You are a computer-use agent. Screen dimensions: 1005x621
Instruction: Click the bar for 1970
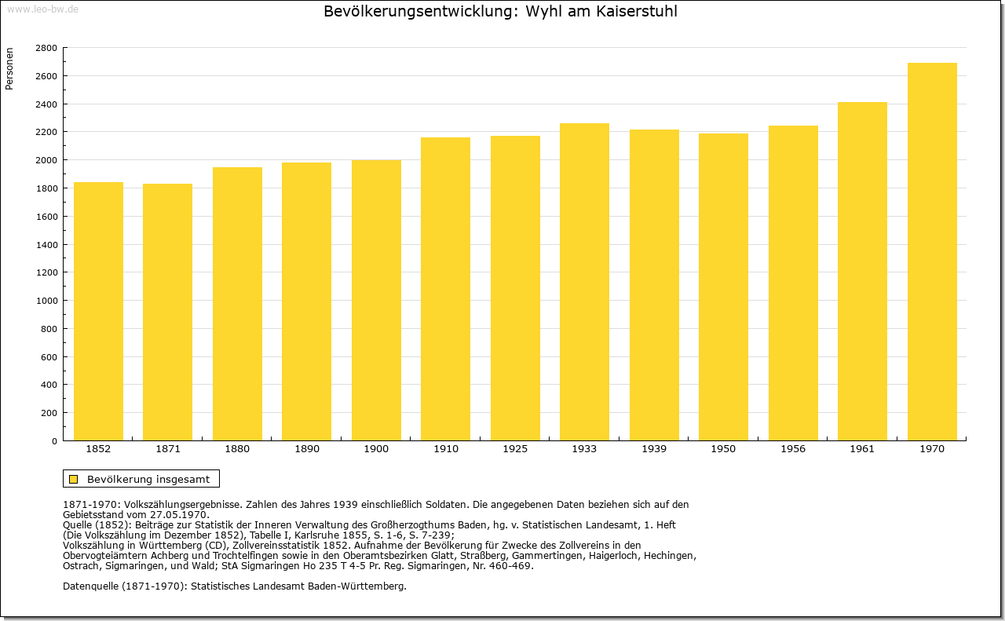click(932, 252)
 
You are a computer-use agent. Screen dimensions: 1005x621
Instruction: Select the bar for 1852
click(98, 312)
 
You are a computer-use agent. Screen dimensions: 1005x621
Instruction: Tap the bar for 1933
click(584, 282)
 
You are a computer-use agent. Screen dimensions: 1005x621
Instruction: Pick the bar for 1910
click(445, 289)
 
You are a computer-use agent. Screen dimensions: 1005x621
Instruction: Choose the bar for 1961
click(862, 272)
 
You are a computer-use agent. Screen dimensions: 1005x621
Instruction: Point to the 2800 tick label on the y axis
click(46, 48)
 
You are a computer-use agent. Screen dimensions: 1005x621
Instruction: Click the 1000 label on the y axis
click(46, 301)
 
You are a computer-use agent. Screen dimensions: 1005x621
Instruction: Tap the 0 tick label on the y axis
click(54, 441)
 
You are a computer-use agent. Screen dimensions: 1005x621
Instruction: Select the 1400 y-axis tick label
click(46, 244)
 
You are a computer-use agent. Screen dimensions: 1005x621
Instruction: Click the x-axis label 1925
click(515, 449)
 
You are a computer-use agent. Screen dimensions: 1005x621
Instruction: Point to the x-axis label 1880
click(237, 449)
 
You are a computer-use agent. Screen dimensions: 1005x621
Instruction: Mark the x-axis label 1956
click(793, 449)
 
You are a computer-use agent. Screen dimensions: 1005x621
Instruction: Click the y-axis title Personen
click(9, 68)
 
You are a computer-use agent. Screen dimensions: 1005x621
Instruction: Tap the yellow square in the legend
click(74, 479)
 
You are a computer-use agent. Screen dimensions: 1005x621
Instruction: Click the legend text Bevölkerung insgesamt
click(148, 479)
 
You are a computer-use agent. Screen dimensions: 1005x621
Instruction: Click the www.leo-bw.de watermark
click(42, 9)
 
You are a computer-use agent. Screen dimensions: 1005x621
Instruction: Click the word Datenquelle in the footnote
click(90, 586)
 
